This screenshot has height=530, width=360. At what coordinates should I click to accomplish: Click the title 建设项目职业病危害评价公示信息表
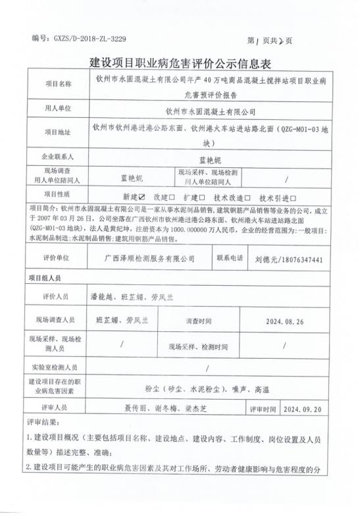[180, 63]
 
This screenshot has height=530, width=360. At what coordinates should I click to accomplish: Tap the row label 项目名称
[57, 84]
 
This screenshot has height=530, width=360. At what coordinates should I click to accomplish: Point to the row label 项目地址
[57, 132]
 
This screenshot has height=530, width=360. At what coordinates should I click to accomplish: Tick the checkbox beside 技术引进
[294, 196]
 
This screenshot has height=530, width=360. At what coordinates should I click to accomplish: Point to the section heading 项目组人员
[45, 278]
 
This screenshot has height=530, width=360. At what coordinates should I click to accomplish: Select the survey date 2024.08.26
[284, 321]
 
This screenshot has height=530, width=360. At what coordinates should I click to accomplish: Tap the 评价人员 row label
[57, 298]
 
